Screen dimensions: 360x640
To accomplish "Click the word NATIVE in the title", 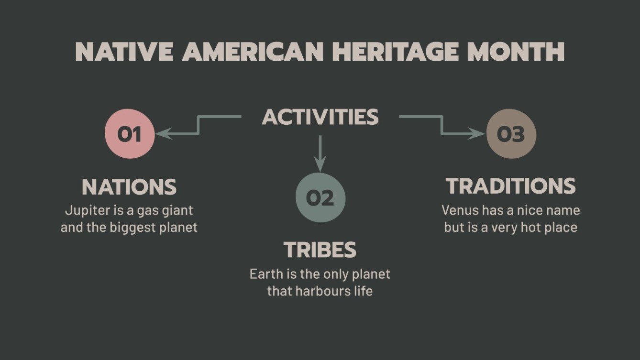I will coord(124,52).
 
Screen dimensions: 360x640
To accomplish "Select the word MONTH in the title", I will coord(515,52).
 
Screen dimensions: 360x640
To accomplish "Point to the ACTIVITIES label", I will coord(320,117).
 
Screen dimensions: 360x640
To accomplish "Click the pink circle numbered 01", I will coord(130,134).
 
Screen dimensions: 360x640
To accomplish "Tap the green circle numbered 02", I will coord(320,197).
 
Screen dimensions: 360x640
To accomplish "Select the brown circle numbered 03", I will coord(511,134).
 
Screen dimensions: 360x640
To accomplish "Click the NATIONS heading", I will coord(129,187).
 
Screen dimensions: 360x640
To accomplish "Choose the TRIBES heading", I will coord(320,250).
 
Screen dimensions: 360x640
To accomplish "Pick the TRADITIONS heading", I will coord(510,186).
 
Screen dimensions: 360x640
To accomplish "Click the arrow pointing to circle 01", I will coord(198,126).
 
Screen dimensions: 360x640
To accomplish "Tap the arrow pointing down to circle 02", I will coord(320,153).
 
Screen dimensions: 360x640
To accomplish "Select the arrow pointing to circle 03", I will coord(441,126).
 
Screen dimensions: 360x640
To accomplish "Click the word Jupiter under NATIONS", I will coord(81,210).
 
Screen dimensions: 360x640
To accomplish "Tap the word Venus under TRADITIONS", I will coord(457,210).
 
